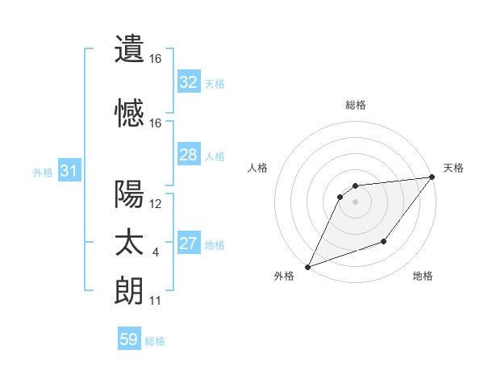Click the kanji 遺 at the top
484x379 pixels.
pyautogui.click(x=130, y=48)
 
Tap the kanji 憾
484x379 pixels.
pyautogui.click(x=130, y=113)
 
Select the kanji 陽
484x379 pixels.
pyautogui.click(x=130, y=194)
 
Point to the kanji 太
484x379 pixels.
pyautogui.click(x=130, y=243)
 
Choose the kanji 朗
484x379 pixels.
pyautogui.click(x=130, y=290)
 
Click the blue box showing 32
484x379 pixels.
pyautogui.click(x=188, y=82)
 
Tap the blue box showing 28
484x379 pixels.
pyautogui.click(x=188, y=155)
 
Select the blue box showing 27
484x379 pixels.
pyautogui.click(x=188, y=244)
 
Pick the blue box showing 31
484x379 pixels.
pyautogui.click(x=69, y=171)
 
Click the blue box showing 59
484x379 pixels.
pyautogui.click(x=129, y=339)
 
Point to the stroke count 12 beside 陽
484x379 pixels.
pyautogui.click(x=156, y=204)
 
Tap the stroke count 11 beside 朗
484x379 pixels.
pyautogui.click(x=156, y=301)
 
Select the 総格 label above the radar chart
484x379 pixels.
pyautogui.click(x=356, y=105)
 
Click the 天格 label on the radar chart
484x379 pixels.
pyautogui.click(x=453, y=168)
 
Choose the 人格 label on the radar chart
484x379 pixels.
pyautogui.click(x=258, y=168)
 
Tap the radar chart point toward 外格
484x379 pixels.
pyautogui.click(x=307, y=266)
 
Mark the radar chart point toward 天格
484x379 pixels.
pyautogui.click(x=432, y=177)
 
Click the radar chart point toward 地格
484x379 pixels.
pyautogui.click(x=385, y=241)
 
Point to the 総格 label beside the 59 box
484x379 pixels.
pyautogui.click(x=155, y=341)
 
